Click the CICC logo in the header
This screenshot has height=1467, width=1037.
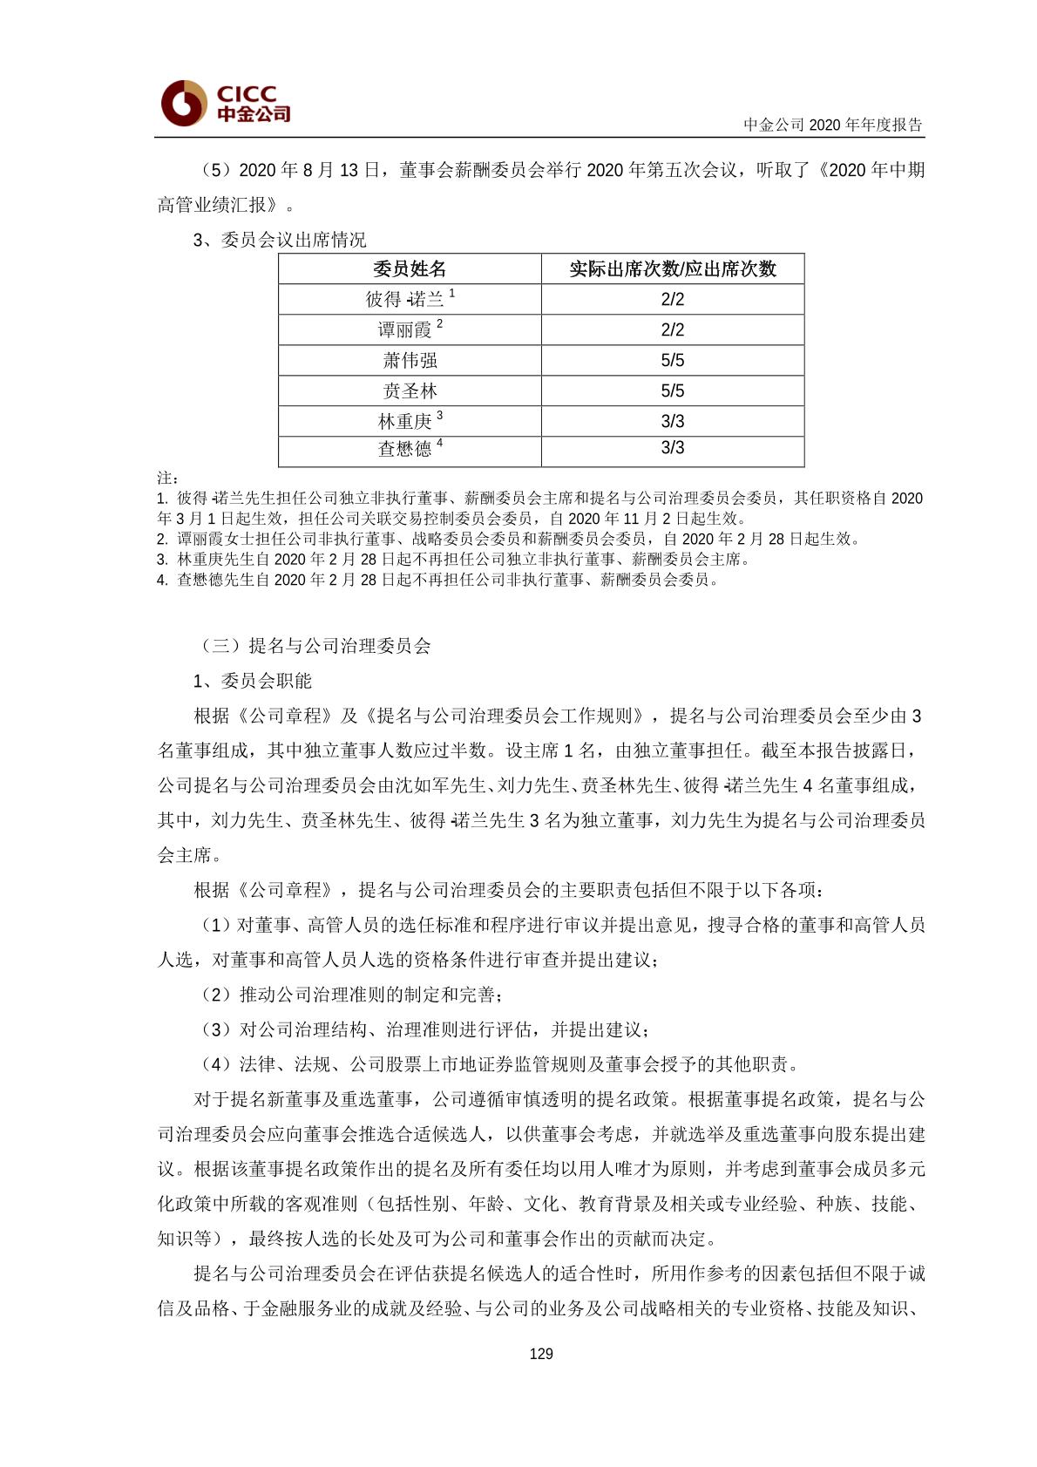pyautogui.click(x=225, y=103)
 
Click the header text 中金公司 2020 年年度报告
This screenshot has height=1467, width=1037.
pyautogui.click(x=832, y=125)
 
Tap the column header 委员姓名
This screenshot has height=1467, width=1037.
pyautogui.click(x=410, y=268)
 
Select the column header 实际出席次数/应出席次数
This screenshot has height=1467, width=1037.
pyautogui.click(x=672, y=268)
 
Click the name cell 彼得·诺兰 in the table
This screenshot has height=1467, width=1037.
pyautogui.click(x=405, y=300)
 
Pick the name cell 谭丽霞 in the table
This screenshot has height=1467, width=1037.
pyautogui.click(x=404, y=330)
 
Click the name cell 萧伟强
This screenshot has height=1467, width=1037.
pyautogui.click(x=410, y=361)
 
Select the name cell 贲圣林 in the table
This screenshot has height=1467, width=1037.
pyautogui.click(x=410, y=391)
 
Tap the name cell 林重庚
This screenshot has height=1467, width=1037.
pyautogui.click(x=404, y=422)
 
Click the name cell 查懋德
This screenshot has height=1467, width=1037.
pyautogui.click(x=404, y=449)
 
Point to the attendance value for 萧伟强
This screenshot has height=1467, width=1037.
pyautogui.click(x=672, y=361)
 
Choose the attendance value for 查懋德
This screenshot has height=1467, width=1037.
pyautogui.click(x=672, y=448)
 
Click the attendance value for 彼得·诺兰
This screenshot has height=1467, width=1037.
pyautogui.click(x=672, y=300)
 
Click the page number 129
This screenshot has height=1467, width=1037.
pyautogui.click(x=540, y=1354)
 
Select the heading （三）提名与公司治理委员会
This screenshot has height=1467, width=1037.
pyautogui.click(x=315, y=646)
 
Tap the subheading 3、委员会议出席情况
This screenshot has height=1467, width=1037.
pyautogui.click(x=279, y=240)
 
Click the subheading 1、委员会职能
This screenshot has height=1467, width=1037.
pyautogui.click(x=252, y=681)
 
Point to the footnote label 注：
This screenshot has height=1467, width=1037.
pyautogui.click(x=168, y=478)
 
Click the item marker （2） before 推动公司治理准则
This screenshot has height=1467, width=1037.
pyautogui.click(x=215, y=995)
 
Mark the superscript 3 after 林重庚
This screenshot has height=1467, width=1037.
pyautogui.click(x=440, y=416)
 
